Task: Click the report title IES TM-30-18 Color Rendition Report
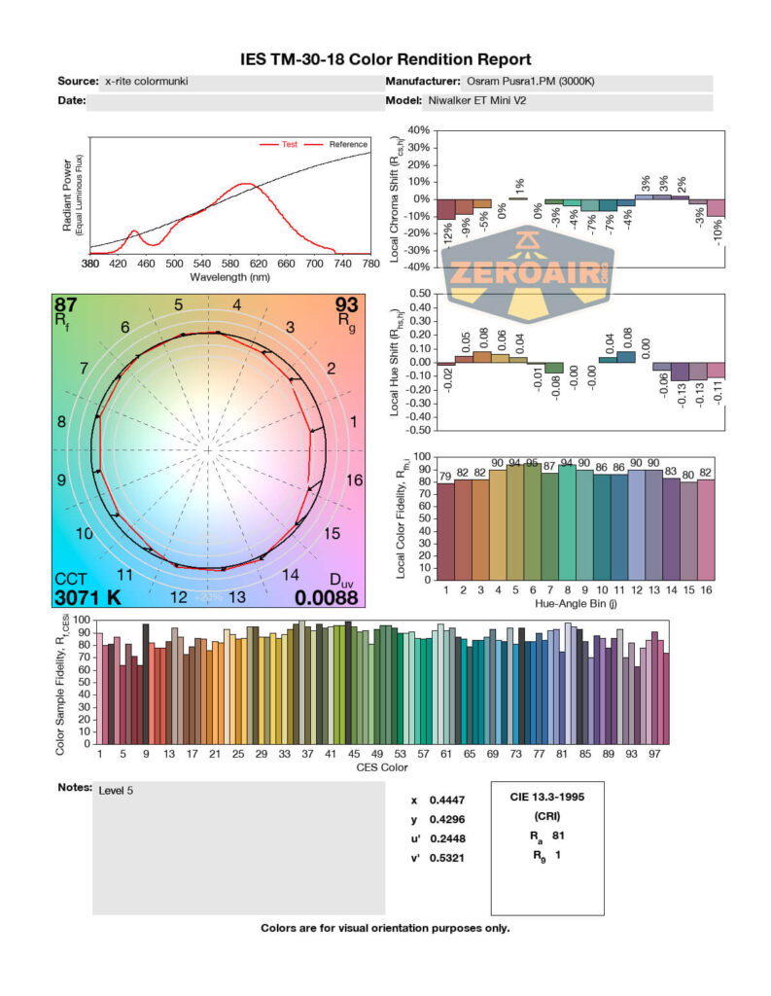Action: (385, 60)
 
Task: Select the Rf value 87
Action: (66, 304)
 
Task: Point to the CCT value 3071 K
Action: (88, 596)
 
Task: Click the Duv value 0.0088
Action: (326, 596)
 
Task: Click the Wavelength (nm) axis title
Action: (230, 276)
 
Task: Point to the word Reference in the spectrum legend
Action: (347, 144)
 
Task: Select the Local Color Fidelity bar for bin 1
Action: (445, 531)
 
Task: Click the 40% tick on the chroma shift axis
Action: (419, 130)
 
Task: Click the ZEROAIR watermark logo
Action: (529, 275)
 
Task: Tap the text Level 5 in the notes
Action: (116, 790)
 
